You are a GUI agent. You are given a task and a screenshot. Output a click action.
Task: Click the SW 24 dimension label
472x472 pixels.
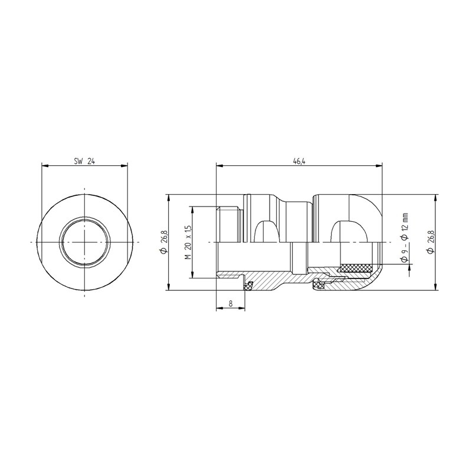coord(84,161)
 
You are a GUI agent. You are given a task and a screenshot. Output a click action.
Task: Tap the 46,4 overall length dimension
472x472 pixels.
coord(299,161)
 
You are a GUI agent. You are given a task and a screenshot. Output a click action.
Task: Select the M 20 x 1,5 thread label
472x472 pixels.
coord(188,242)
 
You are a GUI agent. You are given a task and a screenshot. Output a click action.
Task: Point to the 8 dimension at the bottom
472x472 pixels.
coord(231,304)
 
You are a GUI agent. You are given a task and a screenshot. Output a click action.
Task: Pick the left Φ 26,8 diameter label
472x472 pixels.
coord(163,242)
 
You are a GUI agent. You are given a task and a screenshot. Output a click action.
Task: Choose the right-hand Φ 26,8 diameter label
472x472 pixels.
coord(430,242)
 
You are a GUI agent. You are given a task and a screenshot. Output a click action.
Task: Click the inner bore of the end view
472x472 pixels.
coord(84,242)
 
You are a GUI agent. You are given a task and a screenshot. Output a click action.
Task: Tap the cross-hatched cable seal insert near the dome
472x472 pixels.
coord(355,267)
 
